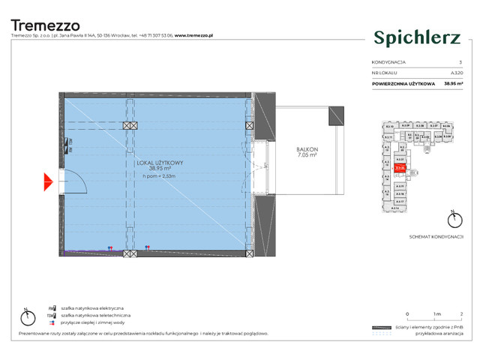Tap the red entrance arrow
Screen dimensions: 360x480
click(x=48, y=181)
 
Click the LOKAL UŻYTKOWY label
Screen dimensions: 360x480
click(x=161, y=163)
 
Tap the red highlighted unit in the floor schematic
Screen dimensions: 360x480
click(x=400, y=169)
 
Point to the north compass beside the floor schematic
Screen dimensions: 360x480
click(x=452, y=220)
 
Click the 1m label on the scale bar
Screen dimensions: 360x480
click(x=437, y=313)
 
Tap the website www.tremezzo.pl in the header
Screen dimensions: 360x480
click(x=195, y=35)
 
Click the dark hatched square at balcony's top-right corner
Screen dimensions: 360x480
click(x=337, y=116)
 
